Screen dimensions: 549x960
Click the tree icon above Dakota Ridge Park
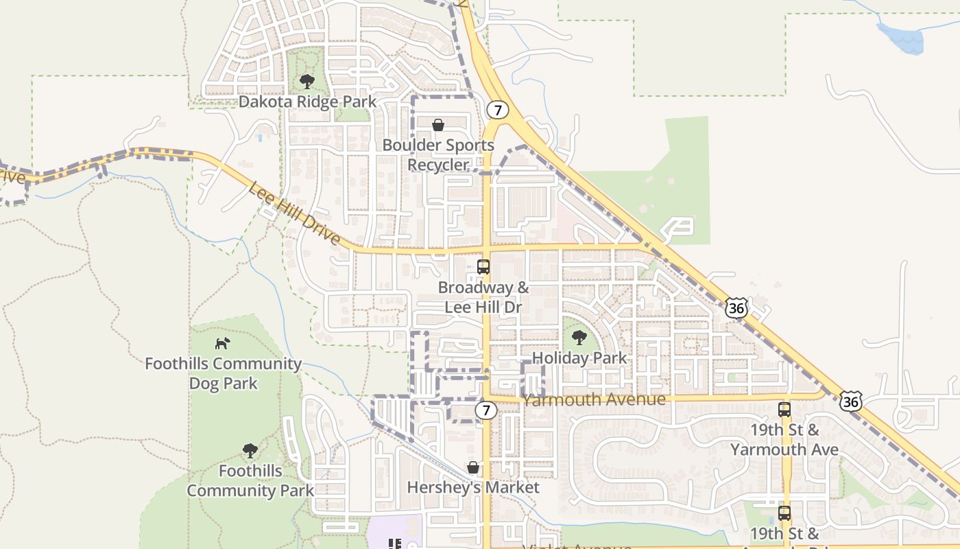coord(307,82)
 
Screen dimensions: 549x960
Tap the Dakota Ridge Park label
coord(307,102)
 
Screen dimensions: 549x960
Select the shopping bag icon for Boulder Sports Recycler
coord(437,125)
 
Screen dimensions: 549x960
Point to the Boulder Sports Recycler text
coord(437,155)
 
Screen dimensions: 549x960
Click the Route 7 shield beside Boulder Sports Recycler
coord(498,110)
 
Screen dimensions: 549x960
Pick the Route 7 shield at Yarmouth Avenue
coord(486,410)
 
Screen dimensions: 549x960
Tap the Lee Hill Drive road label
coord(294,213)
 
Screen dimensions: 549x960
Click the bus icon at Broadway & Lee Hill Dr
coord(483,267)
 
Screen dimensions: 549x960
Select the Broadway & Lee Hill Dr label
coord(483,297)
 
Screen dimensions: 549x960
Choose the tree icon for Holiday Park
coord(579,337)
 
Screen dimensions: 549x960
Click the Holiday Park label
coord(579,358)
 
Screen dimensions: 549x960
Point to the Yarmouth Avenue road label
coord(593,399)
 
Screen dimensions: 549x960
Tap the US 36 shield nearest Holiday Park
coord(736,308)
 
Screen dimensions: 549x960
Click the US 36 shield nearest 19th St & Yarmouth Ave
coord(851,401)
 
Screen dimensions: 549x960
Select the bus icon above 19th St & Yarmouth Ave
coord(784,410)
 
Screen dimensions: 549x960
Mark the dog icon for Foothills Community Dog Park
coord(223,342)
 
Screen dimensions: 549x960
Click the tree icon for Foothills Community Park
coord(250,450)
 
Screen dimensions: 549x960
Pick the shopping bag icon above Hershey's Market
coord(473,467)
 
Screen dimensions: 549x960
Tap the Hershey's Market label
coord(473,487)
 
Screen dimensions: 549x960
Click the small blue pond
coord(901,38)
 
